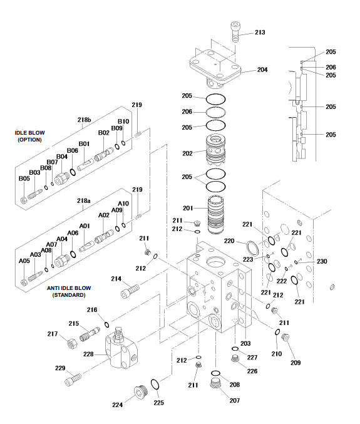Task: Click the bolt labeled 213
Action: [x=235, y=32]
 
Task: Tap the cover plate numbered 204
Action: [x=215, y=68]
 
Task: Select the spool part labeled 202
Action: [x=215, y=151]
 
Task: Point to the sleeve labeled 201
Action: [x=216, y=214]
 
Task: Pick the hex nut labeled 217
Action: [x=72, y=344]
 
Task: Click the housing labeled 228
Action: [x=121, y=349]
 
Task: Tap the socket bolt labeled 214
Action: [x=130, y=291]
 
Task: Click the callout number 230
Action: [x=322, y=261]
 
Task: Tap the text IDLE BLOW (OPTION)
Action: [x=29, y=137]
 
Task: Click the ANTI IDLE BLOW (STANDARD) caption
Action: [x=69, y=291]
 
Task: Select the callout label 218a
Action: [x=83, y=200]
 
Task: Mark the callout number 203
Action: [x=245, y=343]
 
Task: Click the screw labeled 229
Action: [x=73, y=379]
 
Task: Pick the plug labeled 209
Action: [x=285, y=337]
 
